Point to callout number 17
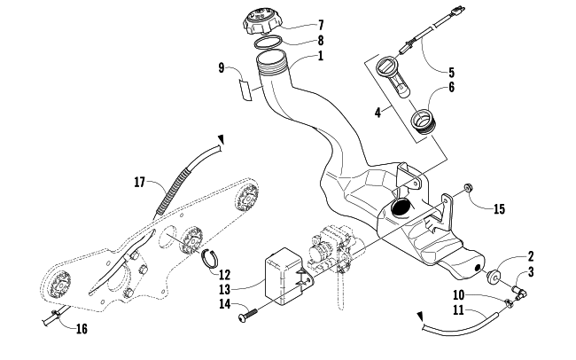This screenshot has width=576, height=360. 140,182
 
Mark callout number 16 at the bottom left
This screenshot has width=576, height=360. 82,329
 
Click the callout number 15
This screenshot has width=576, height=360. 500,208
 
